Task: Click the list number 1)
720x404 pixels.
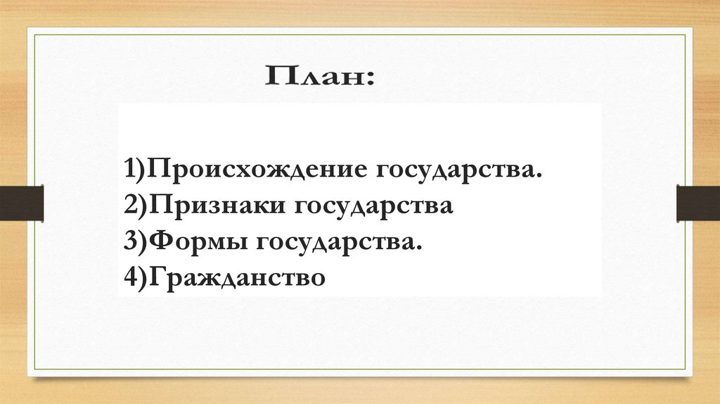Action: (x=135, y=171)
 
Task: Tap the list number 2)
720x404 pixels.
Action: (x=135, y=207)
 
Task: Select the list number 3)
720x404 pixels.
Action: (x=135, y=243)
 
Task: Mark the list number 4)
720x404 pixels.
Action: (x=135, y=277)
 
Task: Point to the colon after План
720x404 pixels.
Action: (x=370, y=79)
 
